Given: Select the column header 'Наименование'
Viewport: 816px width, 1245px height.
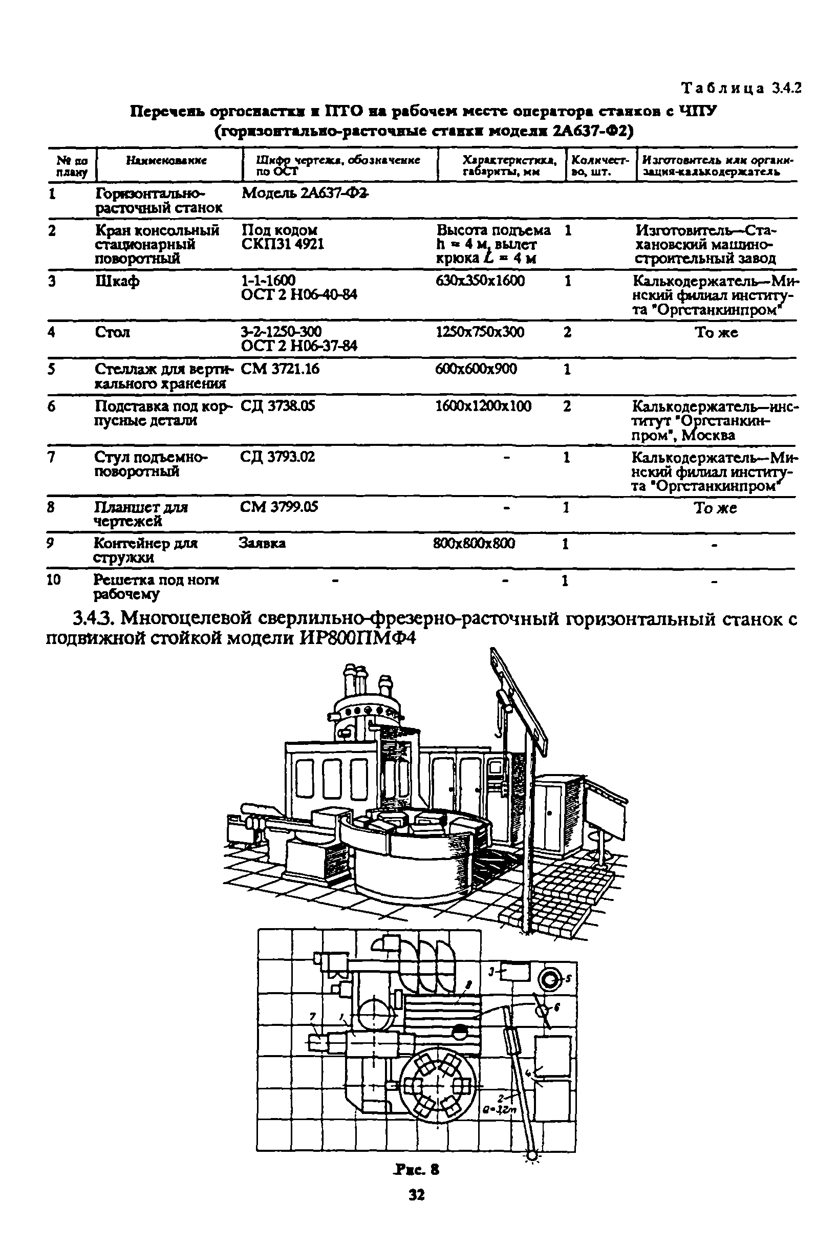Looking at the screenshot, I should [166, 161].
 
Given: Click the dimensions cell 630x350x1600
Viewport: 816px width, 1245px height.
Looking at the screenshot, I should [480, 281].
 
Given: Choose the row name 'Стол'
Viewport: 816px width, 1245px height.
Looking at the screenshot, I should [113, 332].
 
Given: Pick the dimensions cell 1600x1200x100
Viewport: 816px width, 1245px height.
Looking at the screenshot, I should [483, 406].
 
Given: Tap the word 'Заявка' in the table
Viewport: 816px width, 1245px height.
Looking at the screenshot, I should [262, 544].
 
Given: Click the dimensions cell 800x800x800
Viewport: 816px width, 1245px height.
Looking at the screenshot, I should [474, 544].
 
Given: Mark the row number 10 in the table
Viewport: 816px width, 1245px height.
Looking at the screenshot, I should [54, 579].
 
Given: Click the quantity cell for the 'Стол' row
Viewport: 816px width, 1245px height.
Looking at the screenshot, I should [567, 332].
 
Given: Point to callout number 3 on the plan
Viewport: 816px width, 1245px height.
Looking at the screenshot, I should [491, 971].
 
